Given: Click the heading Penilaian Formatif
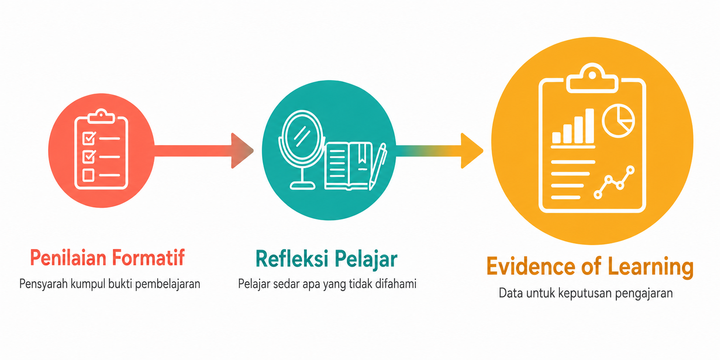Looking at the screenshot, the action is tap(108, 258).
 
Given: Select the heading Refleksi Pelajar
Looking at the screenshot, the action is tap(326, 259).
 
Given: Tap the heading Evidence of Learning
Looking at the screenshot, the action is tap(590, 267).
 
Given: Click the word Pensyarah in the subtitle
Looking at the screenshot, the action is tap(43, 284).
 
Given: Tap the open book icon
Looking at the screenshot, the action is tap(348, 166).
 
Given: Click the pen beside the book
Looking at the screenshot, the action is tap(377, 166).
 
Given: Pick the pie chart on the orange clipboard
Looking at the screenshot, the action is tap(618, 121).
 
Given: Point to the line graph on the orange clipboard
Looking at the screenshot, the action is tap(614, 182).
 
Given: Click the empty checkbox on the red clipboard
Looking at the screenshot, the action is tap(88, 175).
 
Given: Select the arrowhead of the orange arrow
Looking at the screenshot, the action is tap(472, 151).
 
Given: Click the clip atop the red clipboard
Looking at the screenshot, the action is tap(101, 116).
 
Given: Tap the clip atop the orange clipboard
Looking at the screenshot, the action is tap(592, 78).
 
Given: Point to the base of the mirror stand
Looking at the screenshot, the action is tap(302, 186).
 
